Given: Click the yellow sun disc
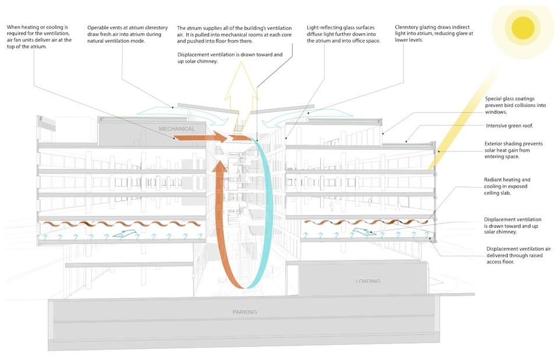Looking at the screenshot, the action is pos(523,28).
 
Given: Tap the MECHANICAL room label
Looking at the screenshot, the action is pos(177,129).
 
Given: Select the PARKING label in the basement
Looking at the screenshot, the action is pos(245,312).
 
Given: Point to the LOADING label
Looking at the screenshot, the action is pos(367,281).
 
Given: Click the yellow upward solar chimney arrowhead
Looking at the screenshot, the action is pos(241,80).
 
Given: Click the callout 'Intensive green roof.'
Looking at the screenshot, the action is pos(509,126).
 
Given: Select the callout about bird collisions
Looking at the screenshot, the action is pos(515,105).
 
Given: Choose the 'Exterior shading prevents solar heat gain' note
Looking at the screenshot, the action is pos(514,150).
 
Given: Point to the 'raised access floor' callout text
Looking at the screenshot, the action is pos(518,255).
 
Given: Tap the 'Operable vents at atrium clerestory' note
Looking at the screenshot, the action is pos(128,34).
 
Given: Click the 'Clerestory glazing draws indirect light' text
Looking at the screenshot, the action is pos(434,34).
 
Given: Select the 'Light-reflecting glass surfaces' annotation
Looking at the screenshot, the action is pos(344,34).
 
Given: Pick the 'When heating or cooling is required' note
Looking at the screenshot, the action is pos(39,37).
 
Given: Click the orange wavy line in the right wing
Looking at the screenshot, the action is pos(366,223).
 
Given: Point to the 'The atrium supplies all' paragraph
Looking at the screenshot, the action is pos(234,34).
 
